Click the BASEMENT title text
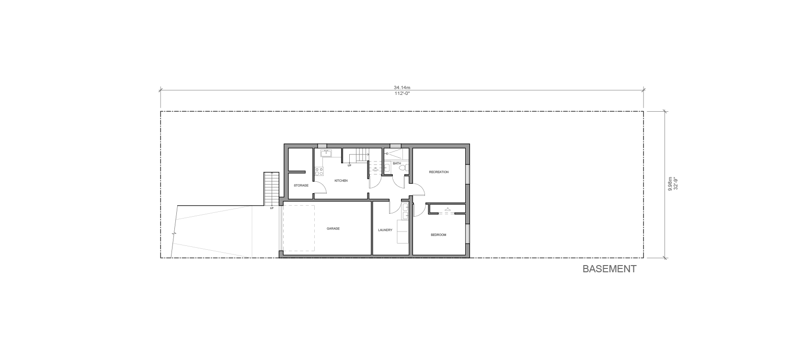(x=609, y=269)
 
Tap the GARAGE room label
(x=333, y=229)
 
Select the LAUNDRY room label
(x=385, y=230)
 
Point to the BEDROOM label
(x=438, y=235)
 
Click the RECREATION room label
(x=438, y=172)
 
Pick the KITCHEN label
(x=341, y=181)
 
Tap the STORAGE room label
(x=301, y=186)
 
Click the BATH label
(x=397, y=163)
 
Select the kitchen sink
(x=326, y=153)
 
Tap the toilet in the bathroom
(x=405, y=168)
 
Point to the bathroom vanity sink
(x=387, y=167)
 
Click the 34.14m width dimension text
(x=402, y=88)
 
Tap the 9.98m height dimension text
(x=670, y=184)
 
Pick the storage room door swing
(x=320, y=189)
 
